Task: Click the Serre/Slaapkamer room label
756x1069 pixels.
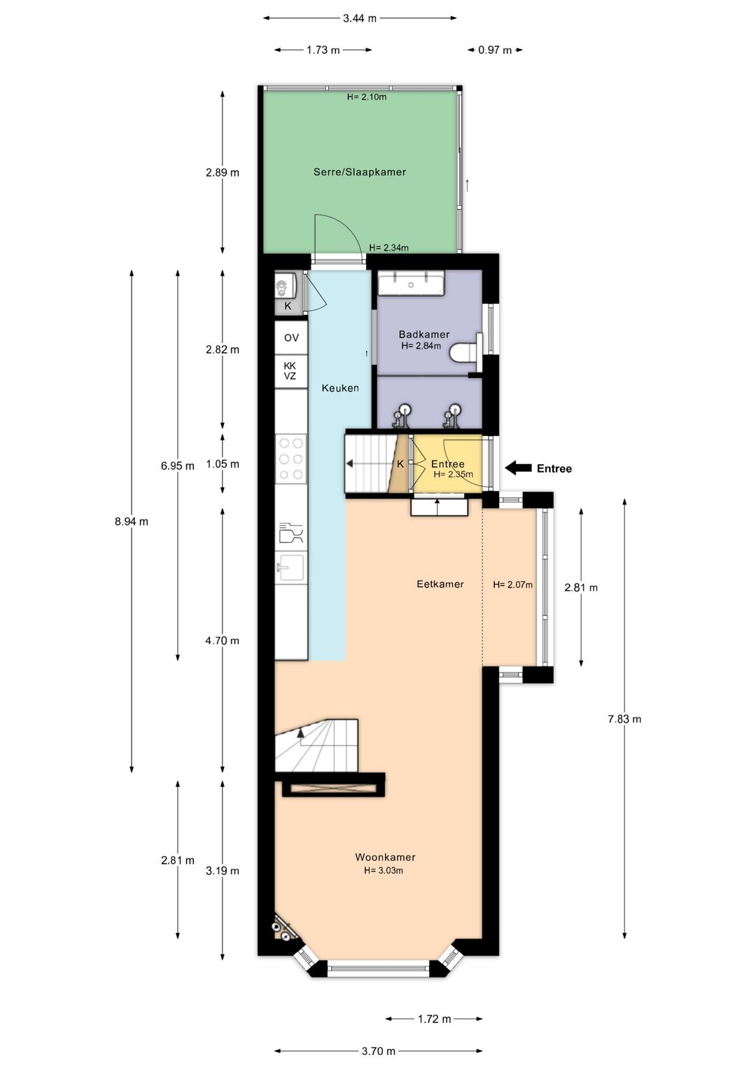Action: (x=359, y=172)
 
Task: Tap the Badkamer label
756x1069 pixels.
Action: (x=423, y=335)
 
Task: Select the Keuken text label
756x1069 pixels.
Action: (x=339, y=388)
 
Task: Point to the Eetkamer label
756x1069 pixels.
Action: (x=440, y=584)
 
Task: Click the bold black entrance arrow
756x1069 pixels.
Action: (x=518, y=468)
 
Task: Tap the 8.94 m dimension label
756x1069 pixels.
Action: (x=132, y=522)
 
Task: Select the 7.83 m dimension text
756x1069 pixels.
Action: (x=624, y=719)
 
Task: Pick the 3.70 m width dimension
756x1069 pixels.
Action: (x=379, y=1051)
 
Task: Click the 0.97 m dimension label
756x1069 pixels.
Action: (x=494, y=50)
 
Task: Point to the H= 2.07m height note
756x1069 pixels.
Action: (x=512, y=585)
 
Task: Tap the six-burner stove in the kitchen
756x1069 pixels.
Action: (x=291, y=459)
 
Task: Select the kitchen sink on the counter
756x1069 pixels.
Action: (x=291, y=567)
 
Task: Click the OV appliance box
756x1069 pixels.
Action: (x=291, y=337)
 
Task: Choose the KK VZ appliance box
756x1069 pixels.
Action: (x=291, y=371)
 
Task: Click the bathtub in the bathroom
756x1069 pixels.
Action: (x=411, y=284)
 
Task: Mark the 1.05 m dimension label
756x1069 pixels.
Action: (x=223, y=464)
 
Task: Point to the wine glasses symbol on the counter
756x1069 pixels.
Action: (x=290, y=533)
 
